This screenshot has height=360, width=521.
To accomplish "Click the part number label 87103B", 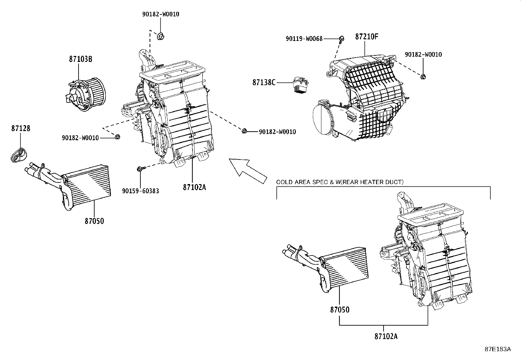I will point(81,59).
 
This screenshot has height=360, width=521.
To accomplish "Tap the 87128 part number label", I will point(21,128).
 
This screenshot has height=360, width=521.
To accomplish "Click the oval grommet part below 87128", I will point(19,154).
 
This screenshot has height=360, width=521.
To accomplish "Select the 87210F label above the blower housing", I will point(367,37).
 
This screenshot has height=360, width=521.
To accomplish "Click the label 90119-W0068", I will point(304,39).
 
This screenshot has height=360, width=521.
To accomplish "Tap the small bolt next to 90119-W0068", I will point(341,39).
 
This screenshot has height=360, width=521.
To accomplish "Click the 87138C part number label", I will point(264,83).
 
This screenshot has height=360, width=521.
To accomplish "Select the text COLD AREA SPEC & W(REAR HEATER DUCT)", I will point(340,182).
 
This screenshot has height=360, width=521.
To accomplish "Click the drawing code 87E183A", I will point(498,349).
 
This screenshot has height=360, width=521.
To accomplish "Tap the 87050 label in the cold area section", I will point(340,310).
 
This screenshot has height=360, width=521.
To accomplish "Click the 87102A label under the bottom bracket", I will point(386,336).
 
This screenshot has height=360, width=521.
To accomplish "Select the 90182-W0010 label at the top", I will point(161,14).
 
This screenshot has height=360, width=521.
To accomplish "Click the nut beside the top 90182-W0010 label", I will point(161,36).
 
